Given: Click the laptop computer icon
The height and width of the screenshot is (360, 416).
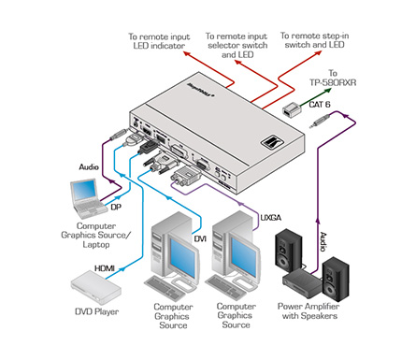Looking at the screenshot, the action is coord(87,198).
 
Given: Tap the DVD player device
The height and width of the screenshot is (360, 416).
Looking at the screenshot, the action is coord(95,287).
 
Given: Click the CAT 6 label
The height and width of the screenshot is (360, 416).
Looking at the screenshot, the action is coord(320,104).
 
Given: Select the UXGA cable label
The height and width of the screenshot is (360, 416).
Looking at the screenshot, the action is coord(271,218).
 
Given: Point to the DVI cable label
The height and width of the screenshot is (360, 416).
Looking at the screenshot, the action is coord(200,239).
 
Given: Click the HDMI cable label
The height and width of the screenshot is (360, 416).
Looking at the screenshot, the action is coord(105,268).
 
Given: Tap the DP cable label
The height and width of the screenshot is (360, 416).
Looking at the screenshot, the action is coord(116,207).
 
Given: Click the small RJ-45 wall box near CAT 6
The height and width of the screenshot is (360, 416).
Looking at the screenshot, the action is coord(292,110).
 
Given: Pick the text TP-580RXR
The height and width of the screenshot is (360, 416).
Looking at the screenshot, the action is coord(333,82).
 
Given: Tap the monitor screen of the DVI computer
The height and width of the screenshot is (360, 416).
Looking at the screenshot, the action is coord(182,257).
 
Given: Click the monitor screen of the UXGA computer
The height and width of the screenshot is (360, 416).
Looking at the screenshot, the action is coord(244,257).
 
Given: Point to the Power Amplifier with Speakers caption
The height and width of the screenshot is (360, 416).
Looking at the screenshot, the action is coord(308,310).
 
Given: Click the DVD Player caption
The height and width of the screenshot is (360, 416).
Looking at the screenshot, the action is coord(97,311).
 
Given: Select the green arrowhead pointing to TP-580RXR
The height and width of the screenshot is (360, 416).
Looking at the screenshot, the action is coord(327,90).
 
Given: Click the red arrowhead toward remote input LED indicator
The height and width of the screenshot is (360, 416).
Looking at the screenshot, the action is coord(187,53).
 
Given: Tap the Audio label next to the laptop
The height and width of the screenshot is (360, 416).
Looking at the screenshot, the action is coord(89,167).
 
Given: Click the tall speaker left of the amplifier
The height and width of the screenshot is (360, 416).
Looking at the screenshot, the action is coord(288,249).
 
